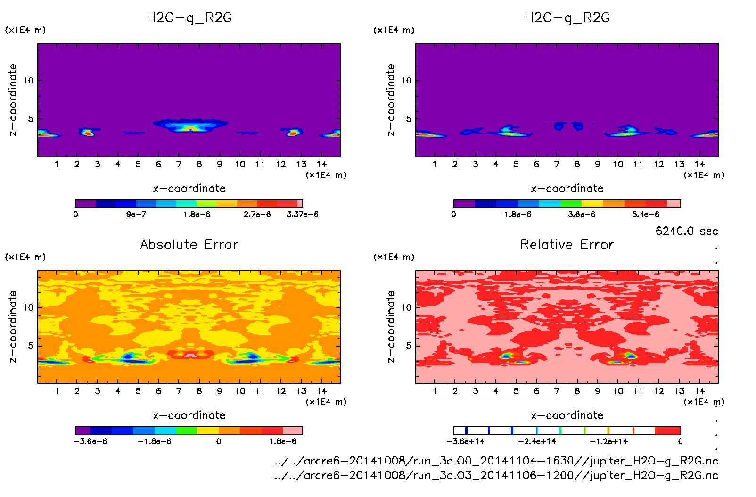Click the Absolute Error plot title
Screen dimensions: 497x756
coord(189,245)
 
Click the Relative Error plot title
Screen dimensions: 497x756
coord(567,245)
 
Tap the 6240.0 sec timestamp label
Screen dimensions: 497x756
coord(686,231)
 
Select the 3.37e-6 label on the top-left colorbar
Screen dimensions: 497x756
coord(302,215)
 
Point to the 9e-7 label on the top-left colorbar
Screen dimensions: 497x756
coord(136,215)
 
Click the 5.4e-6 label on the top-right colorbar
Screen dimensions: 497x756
coord(645,215)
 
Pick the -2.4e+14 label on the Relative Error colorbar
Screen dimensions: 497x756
coord(537,442)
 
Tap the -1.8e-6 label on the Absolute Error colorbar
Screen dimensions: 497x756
coord(154,442)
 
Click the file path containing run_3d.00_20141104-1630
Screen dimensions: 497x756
coord(496,461)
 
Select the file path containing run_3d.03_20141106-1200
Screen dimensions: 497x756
coord(496,475)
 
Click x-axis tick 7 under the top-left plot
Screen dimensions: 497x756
coord(179,164)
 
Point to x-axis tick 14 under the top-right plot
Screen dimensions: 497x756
coord(699,164)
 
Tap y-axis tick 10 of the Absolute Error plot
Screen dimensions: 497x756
coord(28,308)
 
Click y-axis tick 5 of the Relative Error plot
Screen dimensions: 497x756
coord(408,346)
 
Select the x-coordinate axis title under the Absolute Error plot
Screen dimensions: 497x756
coord(189,415)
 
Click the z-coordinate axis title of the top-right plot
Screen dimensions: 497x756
coord(391,100)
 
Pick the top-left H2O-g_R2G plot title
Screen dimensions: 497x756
coord(189,18)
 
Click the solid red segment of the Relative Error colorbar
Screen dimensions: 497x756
coord(668,431)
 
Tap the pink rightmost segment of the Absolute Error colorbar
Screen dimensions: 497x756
coord(292,431)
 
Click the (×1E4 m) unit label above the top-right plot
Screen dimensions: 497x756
coord(394,30)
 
